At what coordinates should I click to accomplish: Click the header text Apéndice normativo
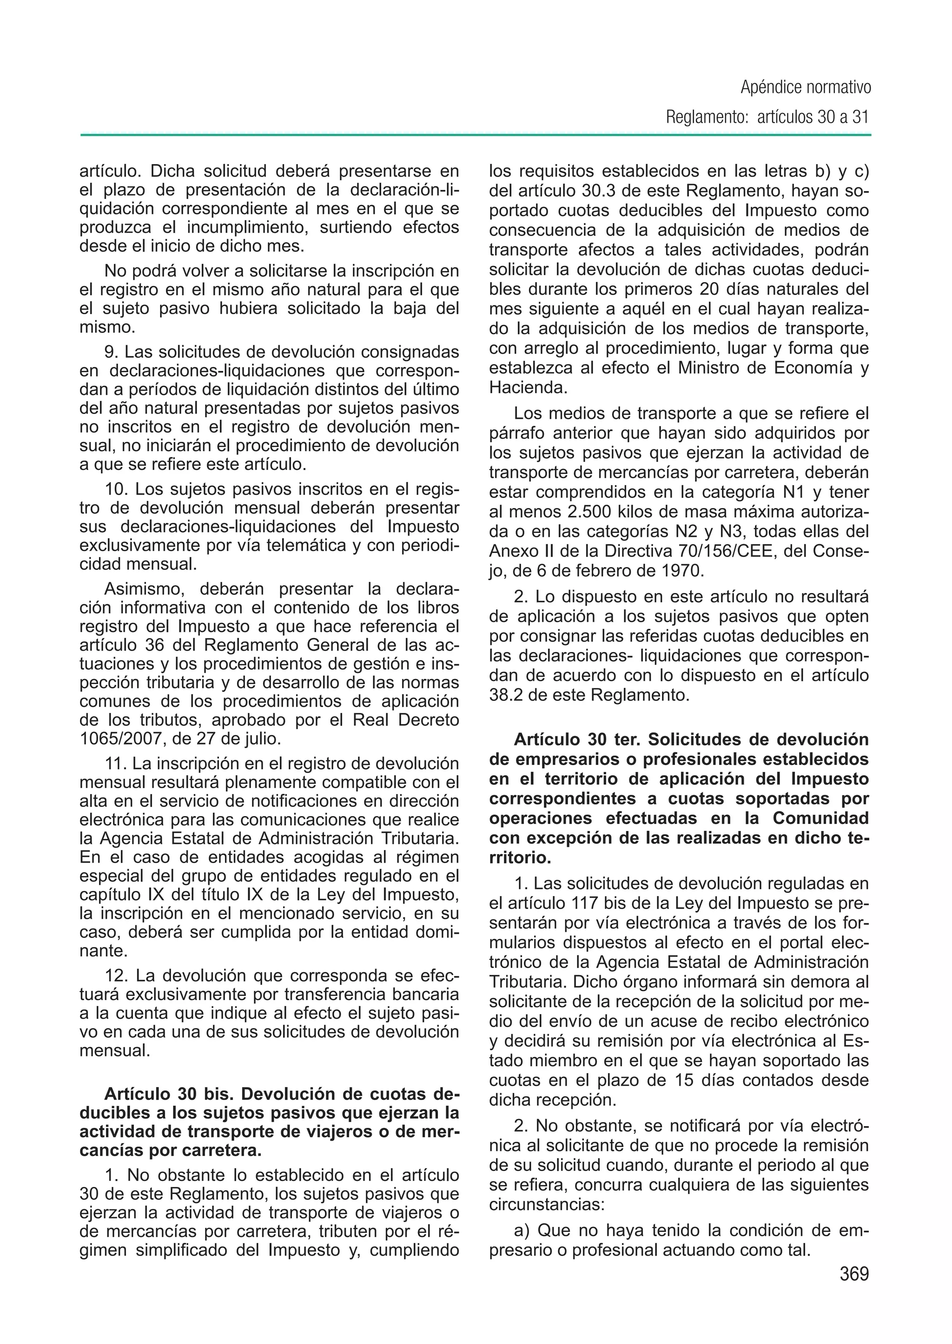tap(806, 87)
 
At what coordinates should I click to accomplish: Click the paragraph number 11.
tap(115, 764)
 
